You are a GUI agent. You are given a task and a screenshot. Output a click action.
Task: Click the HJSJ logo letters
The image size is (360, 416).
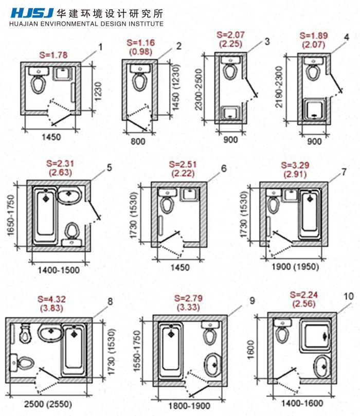[32, 13]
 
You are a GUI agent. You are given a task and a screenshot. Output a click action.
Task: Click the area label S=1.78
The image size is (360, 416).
[53, 55]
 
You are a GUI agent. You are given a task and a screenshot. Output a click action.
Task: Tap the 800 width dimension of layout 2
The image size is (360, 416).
[138, 141]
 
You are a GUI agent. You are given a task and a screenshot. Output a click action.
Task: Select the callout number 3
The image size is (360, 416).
[267, 41]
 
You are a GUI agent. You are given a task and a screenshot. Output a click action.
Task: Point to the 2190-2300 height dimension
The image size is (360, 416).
[279, 87]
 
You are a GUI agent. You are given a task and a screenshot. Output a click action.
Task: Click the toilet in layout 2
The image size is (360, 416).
[140, 77]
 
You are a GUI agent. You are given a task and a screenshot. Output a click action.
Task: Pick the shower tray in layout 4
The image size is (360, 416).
[314, 110]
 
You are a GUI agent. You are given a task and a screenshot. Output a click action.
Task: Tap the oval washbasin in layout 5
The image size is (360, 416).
[70, 195]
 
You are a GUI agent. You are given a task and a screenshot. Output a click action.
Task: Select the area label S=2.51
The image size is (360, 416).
[183, 165]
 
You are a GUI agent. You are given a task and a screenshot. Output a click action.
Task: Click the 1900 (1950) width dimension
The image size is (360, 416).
[295, 266]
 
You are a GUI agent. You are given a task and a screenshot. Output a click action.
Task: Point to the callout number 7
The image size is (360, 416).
[344, 172]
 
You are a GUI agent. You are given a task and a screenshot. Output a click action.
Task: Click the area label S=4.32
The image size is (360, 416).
[51, 299]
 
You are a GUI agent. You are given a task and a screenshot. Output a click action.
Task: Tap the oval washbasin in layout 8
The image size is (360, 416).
[50, 332]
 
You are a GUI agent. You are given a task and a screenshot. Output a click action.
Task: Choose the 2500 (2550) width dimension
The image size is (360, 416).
[48, 404]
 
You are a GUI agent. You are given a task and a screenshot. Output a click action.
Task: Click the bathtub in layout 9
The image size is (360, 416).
[171, 349]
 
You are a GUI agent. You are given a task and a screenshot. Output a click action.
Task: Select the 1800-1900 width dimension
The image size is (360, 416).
[189, 406]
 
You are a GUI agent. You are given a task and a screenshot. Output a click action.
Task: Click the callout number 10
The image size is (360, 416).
[349, 296]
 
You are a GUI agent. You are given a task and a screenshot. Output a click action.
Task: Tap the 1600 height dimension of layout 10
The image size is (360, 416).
[250, 350]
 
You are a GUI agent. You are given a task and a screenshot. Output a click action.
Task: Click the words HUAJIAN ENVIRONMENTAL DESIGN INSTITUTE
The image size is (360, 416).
[86, 24]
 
